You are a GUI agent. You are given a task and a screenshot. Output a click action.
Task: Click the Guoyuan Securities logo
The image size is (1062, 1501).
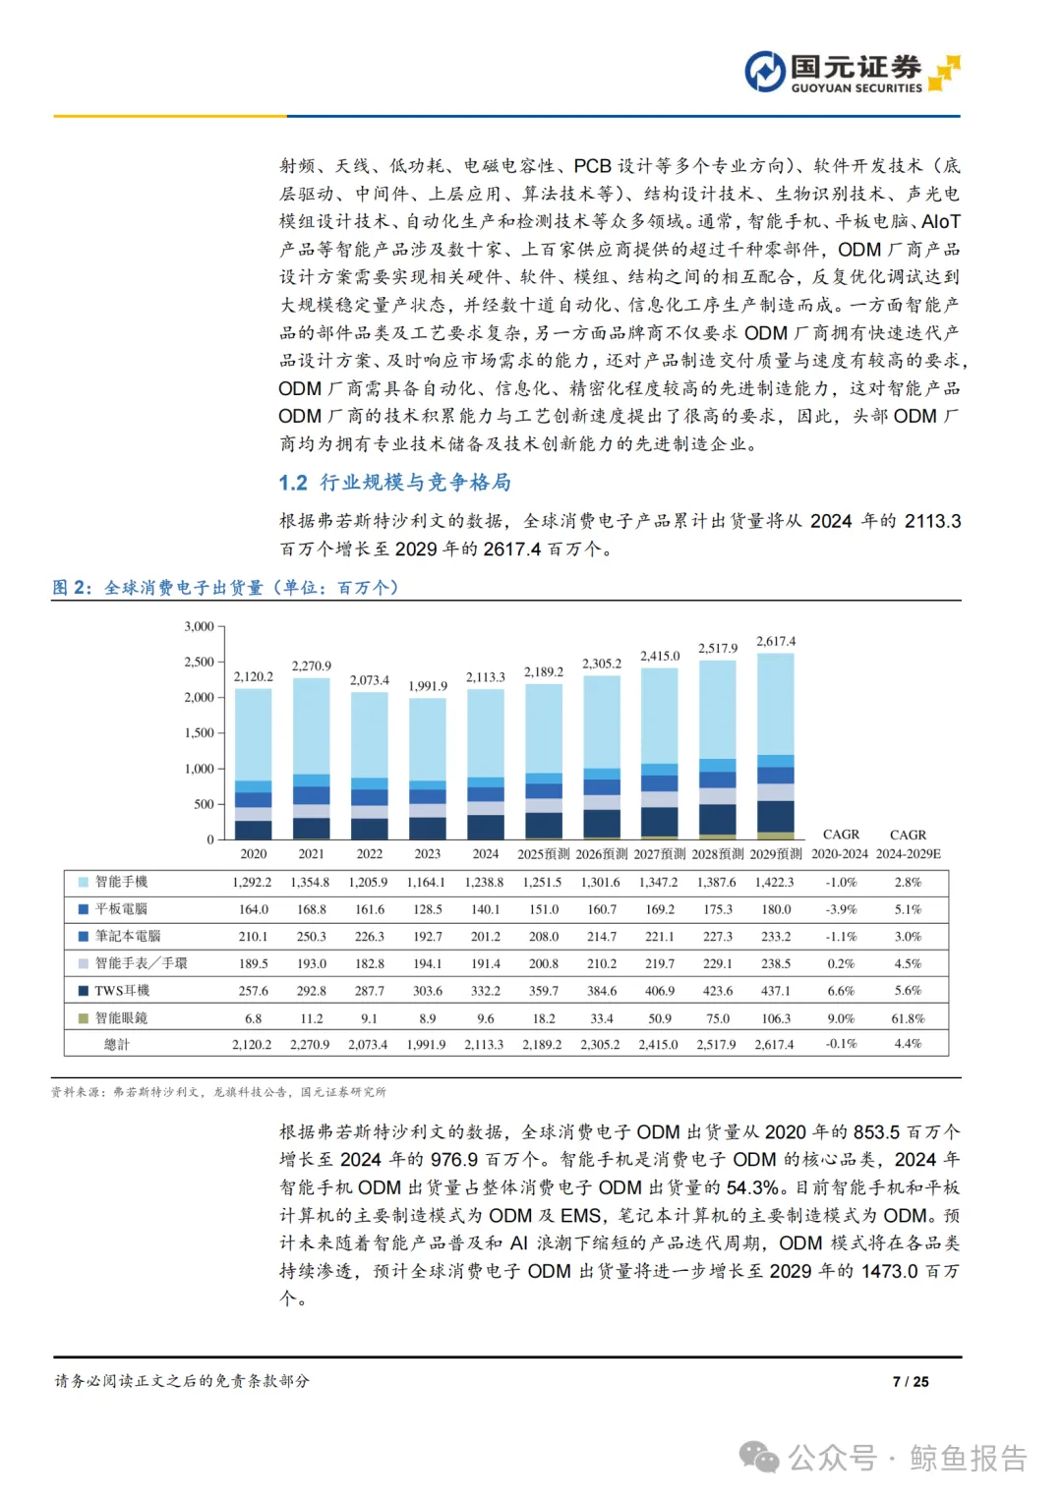coord(851,73)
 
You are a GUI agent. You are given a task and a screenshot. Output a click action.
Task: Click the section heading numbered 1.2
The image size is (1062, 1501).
coord(394,483)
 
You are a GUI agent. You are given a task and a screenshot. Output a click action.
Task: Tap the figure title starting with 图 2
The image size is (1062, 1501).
coord(225,588)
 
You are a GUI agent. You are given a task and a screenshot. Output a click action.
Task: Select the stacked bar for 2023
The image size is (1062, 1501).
coord(428,768)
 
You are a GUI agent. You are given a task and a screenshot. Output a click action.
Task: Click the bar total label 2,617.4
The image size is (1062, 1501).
coord(776,642)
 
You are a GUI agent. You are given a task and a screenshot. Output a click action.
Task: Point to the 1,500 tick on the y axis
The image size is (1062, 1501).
coord(200,733)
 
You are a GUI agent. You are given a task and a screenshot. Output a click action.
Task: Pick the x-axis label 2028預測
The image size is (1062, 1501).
coord(718,854)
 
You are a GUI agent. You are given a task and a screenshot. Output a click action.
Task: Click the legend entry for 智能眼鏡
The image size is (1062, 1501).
coord(121,1018)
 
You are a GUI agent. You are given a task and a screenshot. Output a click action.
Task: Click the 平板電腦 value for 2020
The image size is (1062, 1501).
coord(254,909)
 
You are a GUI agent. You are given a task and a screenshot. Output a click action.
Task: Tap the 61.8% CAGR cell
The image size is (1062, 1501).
coord(908,1018)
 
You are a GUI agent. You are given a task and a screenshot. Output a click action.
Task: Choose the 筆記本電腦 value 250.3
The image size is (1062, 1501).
coord(312,937)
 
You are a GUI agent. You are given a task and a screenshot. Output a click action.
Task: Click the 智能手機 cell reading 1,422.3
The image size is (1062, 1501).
coord(776,882)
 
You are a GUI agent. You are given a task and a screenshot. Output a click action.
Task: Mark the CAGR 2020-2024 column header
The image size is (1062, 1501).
coord(841,844)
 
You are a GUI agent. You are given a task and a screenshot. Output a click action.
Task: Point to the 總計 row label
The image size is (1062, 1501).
coord(116,1045)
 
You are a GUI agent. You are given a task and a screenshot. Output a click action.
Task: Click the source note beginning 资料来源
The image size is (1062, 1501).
coord(218,1092)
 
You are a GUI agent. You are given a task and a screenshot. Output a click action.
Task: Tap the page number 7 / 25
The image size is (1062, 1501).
coord(911,1381)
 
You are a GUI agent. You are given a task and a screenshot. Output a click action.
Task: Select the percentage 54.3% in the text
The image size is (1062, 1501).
coord(753,1187)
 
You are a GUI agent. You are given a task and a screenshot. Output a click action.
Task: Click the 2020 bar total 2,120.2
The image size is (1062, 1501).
coord(254,677)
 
